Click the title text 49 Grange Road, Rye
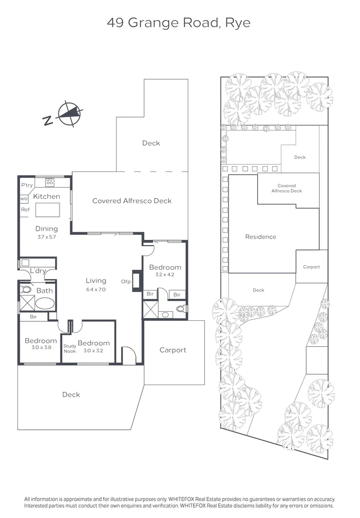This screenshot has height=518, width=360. coord(179,23)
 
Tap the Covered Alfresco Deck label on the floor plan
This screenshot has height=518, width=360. coord(132,201)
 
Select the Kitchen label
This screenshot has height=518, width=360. coord(47,197)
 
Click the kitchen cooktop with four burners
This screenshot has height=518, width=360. coord(49,182)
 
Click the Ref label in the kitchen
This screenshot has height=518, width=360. coord(24,210)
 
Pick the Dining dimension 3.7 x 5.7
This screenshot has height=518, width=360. coord(46,237)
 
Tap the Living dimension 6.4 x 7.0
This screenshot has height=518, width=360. coord(96,289)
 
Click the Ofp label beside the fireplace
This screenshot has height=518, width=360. coord(126,282)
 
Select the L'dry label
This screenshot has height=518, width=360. coord(38,271)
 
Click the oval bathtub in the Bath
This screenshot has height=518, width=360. coord(45,304)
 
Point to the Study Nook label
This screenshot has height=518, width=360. coord(70,348)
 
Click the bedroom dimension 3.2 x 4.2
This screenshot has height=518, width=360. coord(165,275)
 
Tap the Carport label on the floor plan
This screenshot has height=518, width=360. coord(173,350)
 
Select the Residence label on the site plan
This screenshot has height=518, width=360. coord(261,237)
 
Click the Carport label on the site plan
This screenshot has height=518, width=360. coord(311,267)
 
